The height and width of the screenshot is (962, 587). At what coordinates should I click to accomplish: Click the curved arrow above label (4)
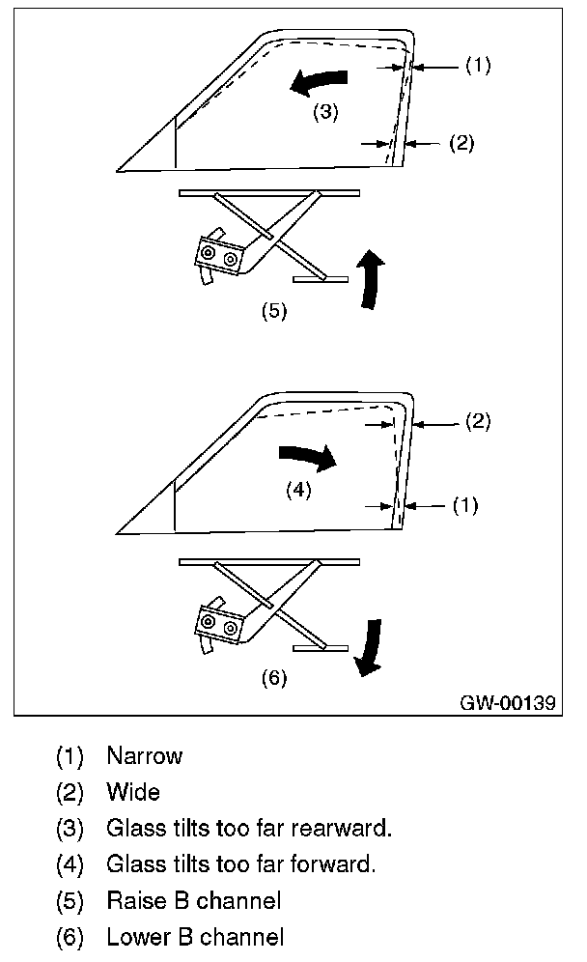[306, 457]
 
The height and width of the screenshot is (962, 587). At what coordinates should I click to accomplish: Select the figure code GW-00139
[509, 703]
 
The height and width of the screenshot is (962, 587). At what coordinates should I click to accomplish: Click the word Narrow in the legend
[144, 756]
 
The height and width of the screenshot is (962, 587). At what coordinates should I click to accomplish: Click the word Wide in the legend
[133, 793]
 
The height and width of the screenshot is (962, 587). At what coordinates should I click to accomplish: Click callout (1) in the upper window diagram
[478, 66]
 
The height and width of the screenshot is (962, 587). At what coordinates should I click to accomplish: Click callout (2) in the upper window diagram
[461, 143]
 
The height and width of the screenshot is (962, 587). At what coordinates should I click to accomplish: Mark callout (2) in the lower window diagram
[478, 422]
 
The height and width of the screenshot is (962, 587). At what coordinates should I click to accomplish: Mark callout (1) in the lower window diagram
[465, 505]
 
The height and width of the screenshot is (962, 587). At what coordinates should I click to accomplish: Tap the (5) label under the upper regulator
[275, 312]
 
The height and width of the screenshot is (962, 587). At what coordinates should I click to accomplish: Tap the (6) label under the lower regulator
[275, 678]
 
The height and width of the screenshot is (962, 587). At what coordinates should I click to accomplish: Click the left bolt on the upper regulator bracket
[209, 254]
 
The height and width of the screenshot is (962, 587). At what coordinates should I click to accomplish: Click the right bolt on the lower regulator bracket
[231, 628]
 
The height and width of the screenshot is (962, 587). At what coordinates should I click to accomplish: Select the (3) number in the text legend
[70, 829]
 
